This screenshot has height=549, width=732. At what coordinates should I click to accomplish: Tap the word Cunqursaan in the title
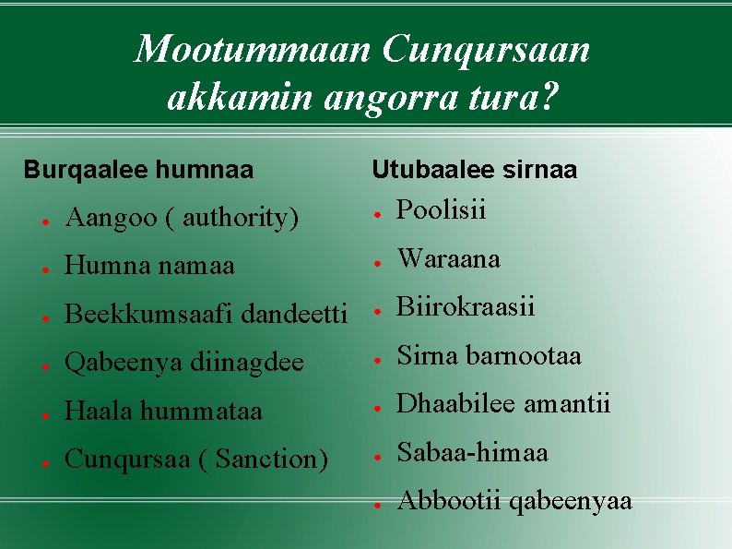[486, 49]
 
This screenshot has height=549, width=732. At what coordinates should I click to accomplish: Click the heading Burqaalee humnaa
[138, 170]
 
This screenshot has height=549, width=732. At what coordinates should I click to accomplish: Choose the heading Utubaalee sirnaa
[474, 170]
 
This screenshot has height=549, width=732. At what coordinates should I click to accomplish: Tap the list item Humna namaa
[149, 267]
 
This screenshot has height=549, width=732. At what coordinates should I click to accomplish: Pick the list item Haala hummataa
[163, 412]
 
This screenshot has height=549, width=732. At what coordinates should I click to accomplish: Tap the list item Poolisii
[441, 210]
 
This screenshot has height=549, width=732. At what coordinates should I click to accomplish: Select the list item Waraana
[448, 259]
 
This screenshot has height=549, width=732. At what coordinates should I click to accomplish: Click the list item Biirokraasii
[466, 307]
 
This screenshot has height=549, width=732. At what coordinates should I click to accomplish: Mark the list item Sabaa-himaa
[472, 453]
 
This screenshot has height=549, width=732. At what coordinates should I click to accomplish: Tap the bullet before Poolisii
[377, 212]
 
